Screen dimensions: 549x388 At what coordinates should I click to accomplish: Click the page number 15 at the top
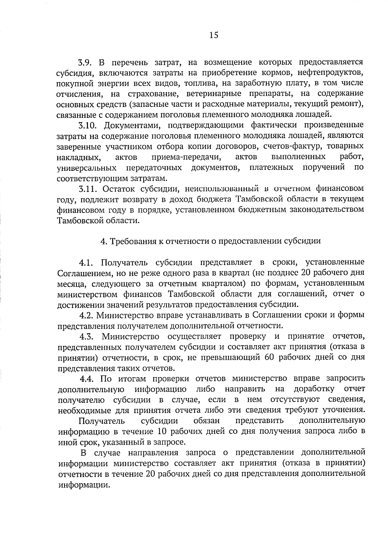tap(214, 35)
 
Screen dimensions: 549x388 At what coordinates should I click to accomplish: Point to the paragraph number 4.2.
tap(86, 315)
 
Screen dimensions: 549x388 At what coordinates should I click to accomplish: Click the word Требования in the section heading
tap(131, 241)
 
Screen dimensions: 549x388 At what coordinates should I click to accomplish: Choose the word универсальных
tap(87, 168)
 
